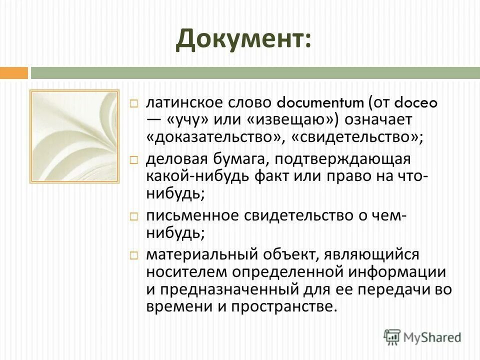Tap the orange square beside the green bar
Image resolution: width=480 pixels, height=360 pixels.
pos(13,73)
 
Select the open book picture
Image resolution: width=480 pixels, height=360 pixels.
pos(74,136)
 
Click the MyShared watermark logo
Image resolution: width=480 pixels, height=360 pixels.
pos(422,336)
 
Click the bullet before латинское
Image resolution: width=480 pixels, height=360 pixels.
pos(133,103)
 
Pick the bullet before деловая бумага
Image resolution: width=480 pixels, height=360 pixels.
pos(133,160)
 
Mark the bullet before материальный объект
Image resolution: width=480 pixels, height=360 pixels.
pos(133,255)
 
